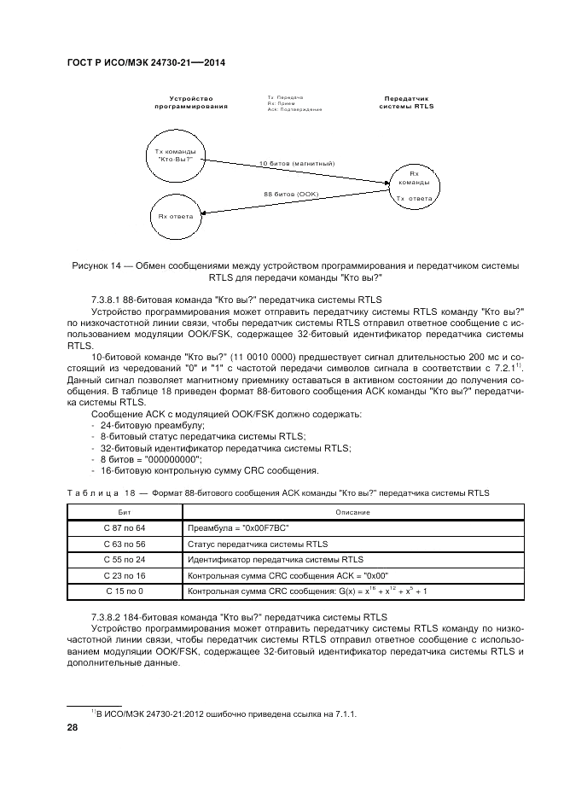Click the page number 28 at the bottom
pos(72,727)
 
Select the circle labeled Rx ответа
pos(176,216)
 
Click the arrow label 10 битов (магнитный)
pos(296,162)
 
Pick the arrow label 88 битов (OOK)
pos(291,194)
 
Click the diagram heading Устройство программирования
pos(191,102)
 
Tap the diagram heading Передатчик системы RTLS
pos(406,102)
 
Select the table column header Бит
pos(125,511)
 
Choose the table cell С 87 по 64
pos(125,528)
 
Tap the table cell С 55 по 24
pos(125,560)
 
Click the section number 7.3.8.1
pos(110,300)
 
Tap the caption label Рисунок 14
pos(102,265)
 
